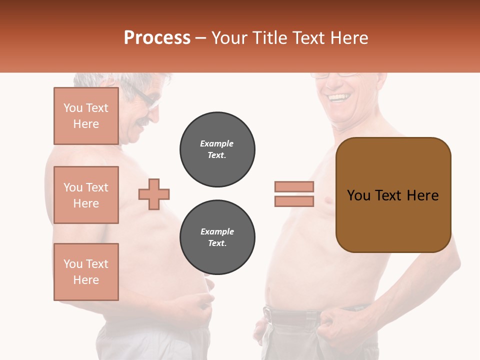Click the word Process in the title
coord(157,38)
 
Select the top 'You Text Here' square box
coord(86,116)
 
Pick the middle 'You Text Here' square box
coord(86,195)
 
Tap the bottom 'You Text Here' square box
coord(86,272)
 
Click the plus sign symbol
coord(154,194)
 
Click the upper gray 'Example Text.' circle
coord(217,149)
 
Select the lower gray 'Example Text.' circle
coord(217,237)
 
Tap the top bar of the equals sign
coord(294,186)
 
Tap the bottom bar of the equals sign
coord(294,201)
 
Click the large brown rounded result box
coord(393,194)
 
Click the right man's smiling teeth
coord(339,96)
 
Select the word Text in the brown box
coord(392,195)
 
